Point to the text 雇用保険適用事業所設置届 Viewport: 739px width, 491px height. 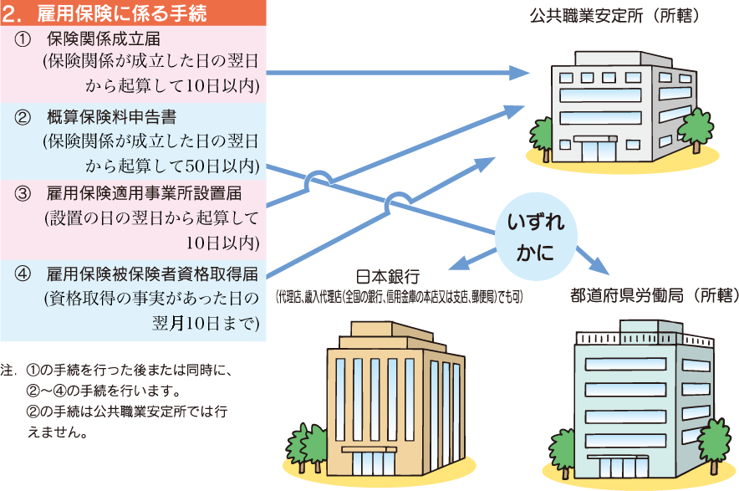click(144, 194)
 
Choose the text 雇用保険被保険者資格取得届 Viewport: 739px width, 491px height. click(151, 273)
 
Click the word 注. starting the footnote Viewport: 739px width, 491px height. click(9, 368)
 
